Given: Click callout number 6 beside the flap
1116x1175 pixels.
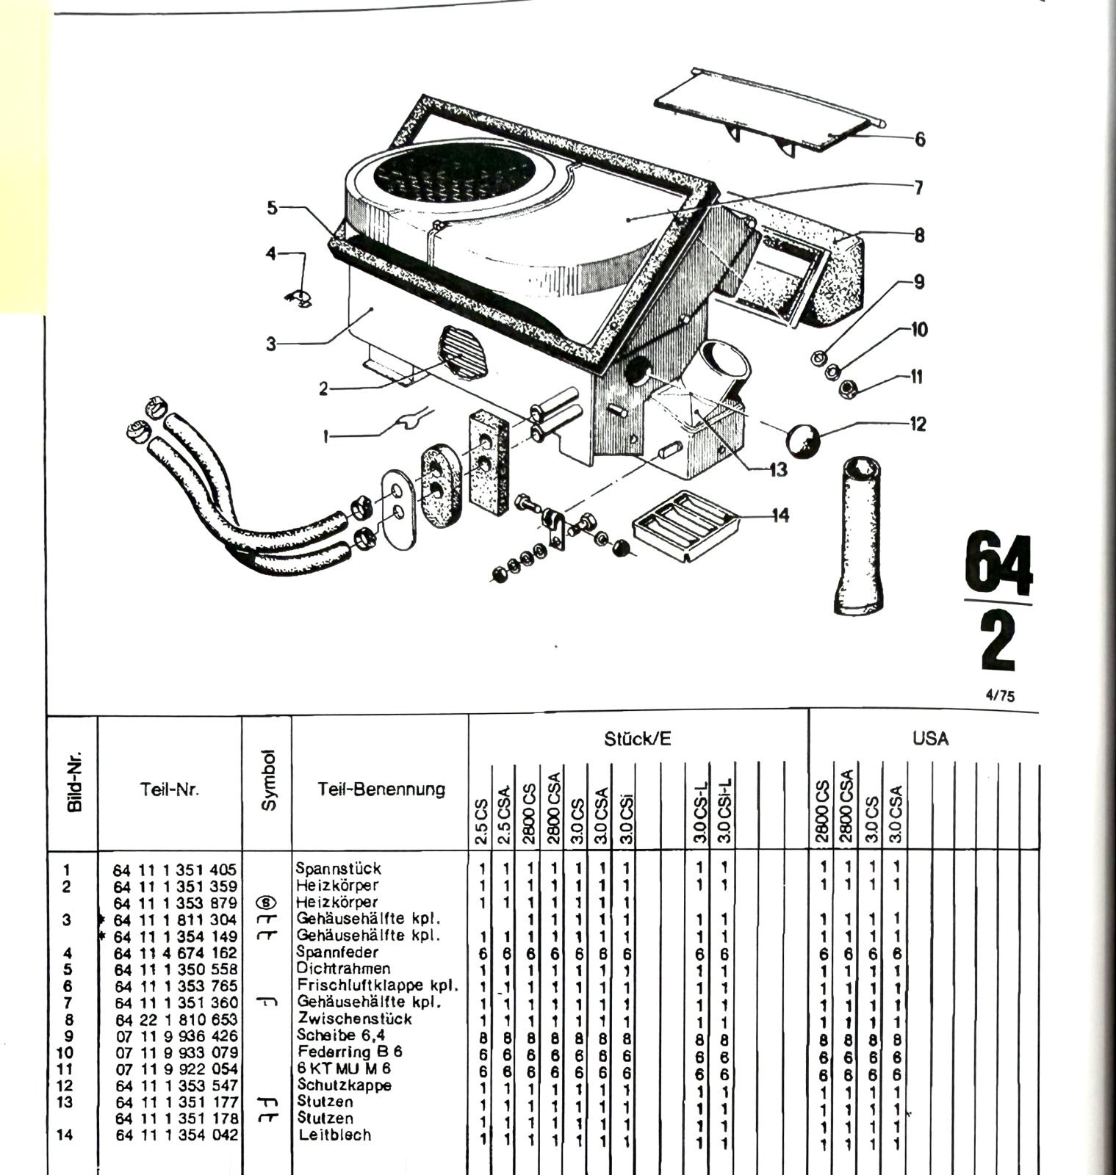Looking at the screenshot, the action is (x=920, y=139).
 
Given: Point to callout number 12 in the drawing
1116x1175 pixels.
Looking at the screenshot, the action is (x=917, y=424).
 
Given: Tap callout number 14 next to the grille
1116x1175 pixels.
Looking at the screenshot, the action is (x=780, y=516).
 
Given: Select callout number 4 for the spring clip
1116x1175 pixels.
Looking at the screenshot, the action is (x=271, y=254).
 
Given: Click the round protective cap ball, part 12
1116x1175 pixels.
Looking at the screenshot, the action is (x=804, y=439).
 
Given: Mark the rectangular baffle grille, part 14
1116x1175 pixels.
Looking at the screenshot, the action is (x=685, y=524).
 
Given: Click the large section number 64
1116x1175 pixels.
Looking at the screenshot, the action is (x=998, y=565).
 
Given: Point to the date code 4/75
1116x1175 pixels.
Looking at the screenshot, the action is (x=1000, y=695).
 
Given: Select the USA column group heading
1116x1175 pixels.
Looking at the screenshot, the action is (x=930, y=738).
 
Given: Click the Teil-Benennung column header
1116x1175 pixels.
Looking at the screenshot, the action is (x=381, y=789).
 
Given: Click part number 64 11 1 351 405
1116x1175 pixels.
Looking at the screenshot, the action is (x=175, y=870).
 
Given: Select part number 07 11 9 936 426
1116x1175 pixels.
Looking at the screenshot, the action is (x=176, y=1036).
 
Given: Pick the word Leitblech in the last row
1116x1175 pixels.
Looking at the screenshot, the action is (x=334, y=1135).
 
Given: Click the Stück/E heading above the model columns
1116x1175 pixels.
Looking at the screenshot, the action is (x=638, y=739).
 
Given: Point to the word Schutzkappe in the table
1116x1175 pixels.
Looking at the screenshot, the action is (x=344, y=1085).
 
